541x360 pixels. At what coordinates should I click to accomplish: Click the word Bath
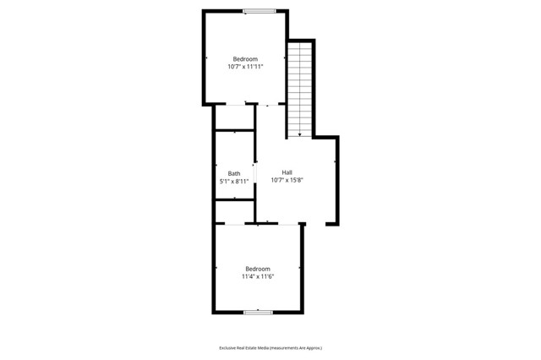click(x=233, y=173)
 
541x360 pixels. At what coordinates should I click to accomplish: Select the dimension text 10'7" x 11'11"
click(x=245, y=67)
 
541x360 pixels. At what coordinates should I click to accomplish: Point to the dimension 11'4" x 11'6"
click(x=258, y=276)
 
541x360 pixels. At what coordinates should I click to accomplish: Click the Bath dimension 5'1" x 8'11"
click(x=233, y=181)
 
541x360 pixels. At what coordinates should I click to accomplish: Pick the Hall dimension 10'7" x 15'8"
click(x=287, y=180)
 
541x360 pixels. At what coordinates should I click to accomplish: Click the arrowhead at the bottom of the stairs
click(x=299, y=134)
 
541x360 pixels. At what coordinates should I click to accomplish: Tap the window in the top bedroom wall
click(x=259, y=10)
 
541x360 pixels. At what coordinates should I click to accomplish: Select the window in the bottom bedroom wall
click(x=258, y=313)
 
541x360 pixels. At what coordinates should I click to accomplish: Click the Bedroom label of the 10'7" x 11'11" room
click(x=245, y=59)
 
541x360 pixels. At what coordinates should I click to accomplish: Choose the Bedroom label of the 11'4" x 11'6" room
click(x=258, y=269)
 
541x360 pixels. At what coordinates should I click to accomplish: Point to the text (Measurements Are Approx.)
click(x=297, y=347)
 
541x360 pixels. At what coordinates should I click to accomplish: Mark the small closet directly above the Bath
click(x=234, y=117)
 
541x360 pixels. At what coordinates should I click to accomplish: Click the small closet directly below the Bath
click(x=234, y=210)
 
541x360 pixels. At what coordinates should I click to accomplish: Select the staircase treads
click(x=299, y=85)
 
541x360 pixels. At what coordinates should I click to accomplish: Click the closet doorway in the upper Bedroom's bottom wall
click(x=230, y=104)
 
